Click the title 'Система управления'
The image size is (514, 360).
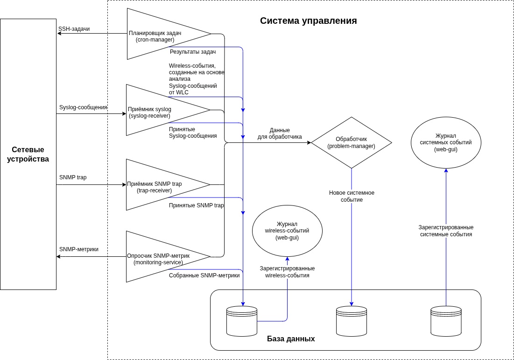point(308,21)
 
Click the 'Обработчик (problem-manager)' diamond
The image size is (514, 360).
point(351,142)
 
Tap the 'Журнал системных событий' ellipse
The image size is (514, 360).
point(446,142)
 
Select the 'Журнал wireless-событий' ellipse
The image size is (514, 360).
point(287,231)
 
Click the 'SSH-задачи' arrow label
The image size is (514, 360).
point(74,29)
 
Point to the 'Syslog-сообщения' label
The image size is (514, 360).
point(83,107)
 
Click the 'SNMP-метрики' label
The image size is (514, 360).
point(79,249)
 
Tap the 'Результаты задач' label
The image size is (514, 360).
point(193,52)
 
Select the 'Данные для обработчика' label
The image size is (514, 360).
point(280,134)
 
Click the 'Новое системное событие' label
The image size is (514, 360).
point(352,196)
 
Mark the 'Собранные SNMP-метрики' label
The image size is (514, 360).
point(204,275)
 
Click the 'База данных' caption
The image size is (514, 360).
point(291,339)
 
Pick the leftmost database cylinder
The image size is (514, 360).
point(242,321)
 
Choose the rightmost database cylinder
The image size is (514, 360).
point(446,321)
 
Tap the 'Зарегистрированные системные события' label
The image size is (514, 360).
point(446,231)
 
